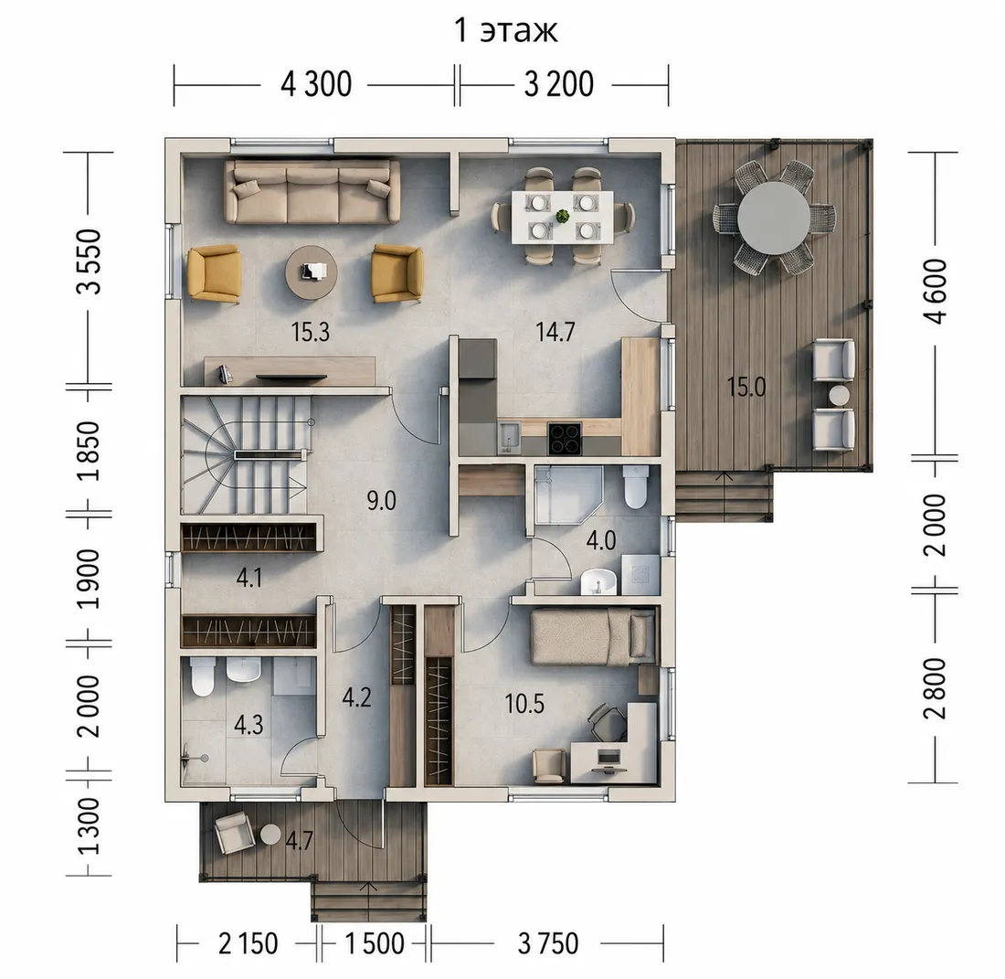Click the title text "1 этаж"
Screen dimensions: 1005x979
tap(506, 30)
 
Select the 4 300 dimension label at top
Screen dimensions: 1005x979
tap(316, 84)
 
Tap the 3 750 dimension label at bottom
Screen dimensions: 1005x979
tap(548, 943)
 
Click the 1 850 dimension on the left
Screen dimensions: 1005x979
tap(90, 451)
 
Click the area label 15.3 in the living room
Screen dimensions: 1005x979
tap(311, 332)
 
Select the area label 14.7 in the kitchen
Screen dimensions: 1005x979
tap(555, 332)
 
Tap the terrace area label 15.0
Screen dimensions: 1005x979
tap(746, 387)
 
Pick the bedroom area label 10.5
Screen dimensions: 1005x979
tap(524, 703)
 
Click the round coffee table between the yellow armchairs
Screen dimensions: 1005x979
tap(312, 272)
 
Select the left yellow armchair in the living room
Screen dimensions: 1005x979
tap(214, 273)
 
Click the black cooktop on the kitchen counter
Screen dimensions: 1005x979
tap(565, 439)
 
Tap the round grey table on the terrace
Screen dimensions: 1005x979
tap(774, 218)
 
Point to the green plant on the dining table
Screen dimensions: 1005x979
tap(563, 216)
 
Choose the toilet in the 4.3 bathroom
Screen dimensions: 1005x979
tap(203, 677)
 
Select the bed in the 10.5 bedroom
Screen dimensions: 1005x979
tap(594, 637)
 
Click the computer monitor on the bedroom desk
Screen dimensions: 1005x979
tap(608, 757)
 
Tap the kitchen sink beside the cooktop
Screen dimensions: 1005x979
tap(510, 436)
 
